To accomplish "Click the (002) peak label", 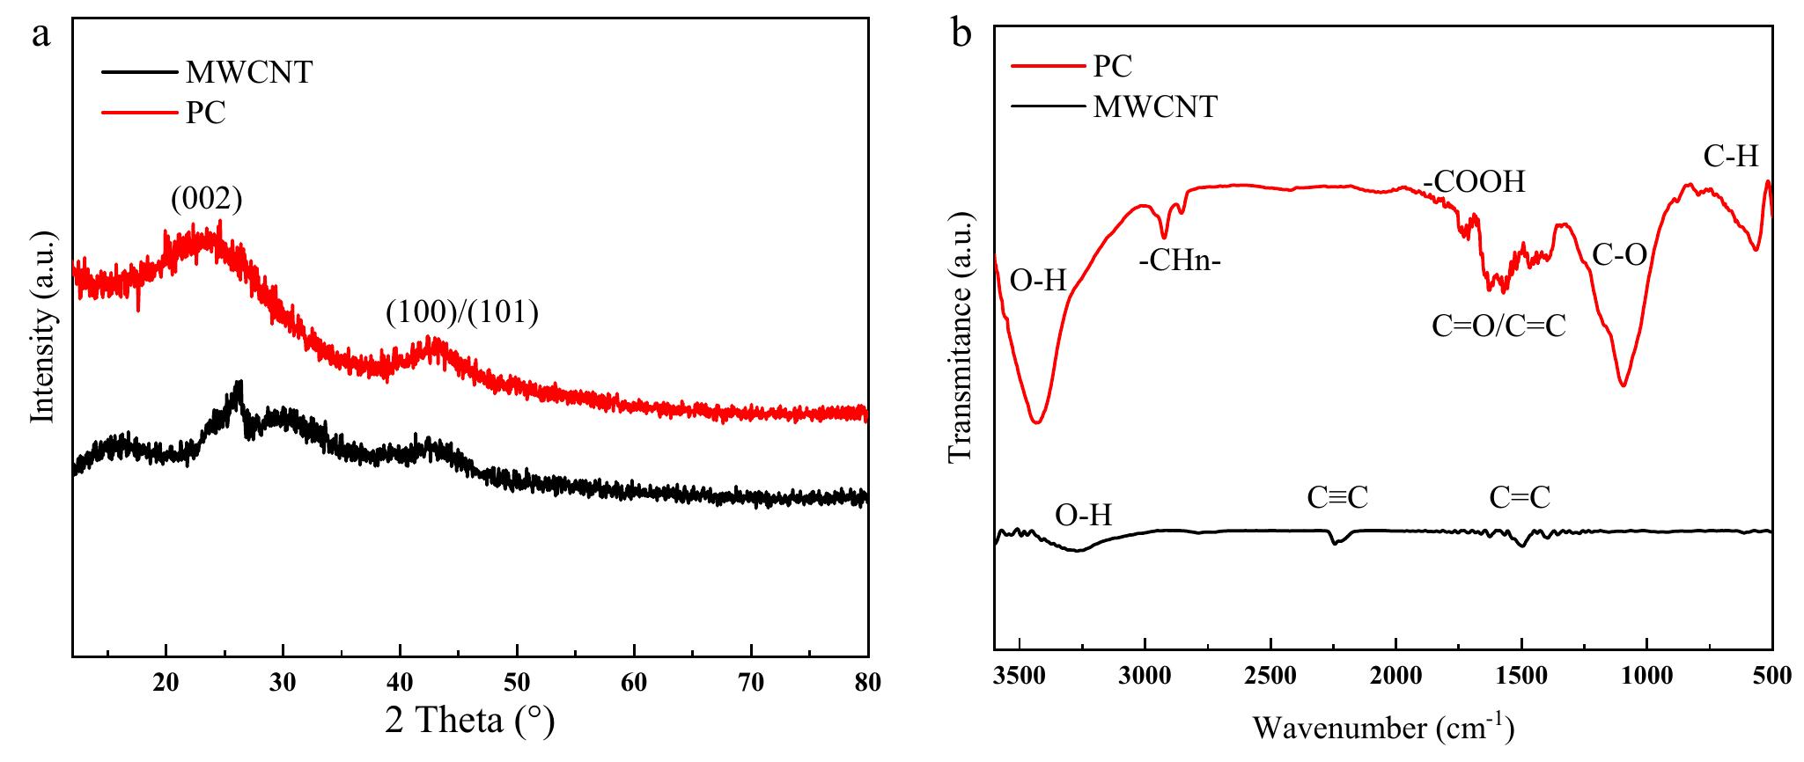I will [x=206, y=200].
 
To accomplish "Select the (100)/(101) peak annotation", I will [x=461, y=312].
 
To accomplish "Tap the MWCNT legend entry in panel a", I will [x=248, y=72].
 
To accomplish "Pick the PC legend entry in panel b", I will [x=1112, y=65].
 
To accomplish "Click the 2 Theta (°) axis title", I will [x=470, y=722].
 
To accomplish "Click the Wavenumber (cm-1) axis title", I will [x=1382, y=728].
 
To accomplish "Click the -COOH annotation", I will [x=1473, y=182].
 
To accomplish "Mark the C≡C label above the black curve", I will [x=1337, y=498].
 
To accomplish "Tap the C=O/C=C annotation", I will [x=1498, y=326].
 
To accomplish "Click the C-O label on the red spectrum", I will [x=1619, y=254].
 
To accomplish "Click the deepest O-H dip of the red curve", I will [x=1036, y=422].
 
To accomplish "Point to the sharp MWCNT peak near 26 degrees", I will [x=238, y=385].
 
